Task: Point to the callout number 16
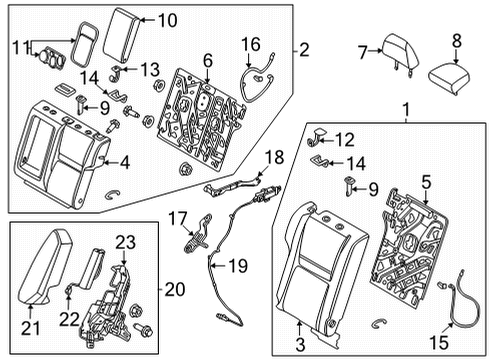click(252, 44)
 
